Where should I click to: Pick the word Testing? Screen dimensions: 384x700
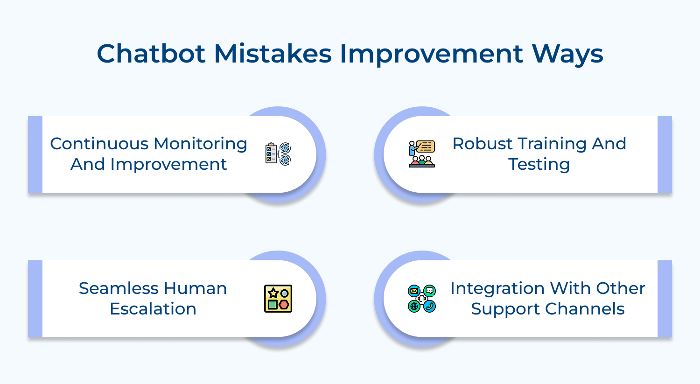[x=539, y=165]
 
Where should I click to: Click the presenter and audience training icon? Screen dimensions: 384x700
[x=422, y=154]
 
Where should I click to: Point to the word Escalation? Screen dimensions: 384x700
[x=153, y=309]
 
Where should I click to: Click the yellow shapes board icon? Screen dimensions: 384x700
[x=278, y=299]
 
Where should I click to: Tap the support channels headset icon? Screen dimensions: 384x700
[x=422, y=299]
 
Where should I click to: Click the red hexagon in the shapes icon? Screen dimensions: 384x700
[x=284, y=305]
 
